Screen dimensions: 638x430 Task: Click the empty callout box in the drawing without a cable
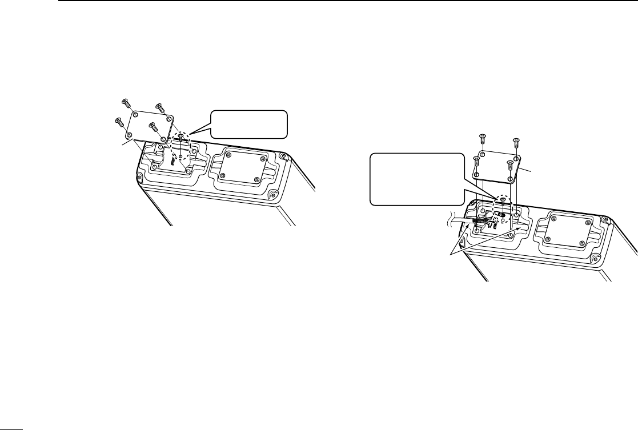(x=248, y=124)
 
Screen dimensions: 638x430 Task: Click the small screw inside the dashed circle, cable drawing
(x=501, y=200)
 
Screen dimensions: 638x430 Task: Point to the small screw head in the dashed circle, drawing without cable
(x=181, y=136)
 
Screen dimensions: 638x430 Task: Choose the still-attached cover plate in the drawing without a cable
(x=240, y=166)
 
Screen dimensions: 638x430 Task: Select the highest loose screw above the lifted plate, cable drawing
(x=481, y=138)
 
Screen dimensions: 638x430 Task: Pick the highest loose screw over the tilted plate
(x=125, y=102)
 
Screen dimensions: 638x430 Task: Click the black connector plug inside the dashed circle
(x=501, y=215)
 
